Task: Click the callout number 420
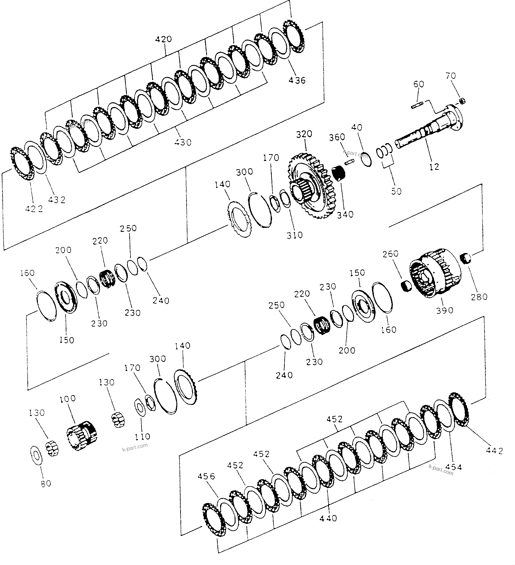tap(163, 39)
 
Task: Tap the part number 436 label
tap(297, 80)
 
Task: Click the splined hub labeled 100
tap(82, 436)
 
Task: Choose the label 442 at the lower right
tap(495, 451)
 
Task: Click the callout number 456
tap(206, 476)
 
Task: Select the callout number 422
tap(34, 209)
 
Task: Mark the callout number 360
tap(337, 137)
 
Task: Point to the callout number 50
tap(396, 191)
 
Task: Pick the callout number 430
tap(183, 142)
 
